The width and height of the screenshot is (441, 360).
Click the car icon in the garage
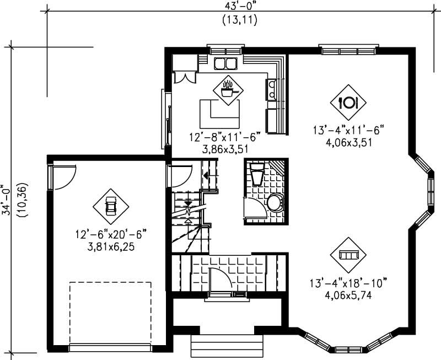[x=110, y=207]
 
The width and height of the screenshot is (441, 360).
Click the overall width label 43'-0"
[x=240, y=6]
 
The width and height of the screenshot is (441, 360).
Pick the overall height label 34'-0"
[x=6, y=199]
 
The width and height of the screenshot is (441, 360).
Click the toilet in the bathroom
[x=275, y=203]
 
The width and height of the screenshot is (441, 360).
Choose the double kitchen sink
[x=225, y=63]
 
